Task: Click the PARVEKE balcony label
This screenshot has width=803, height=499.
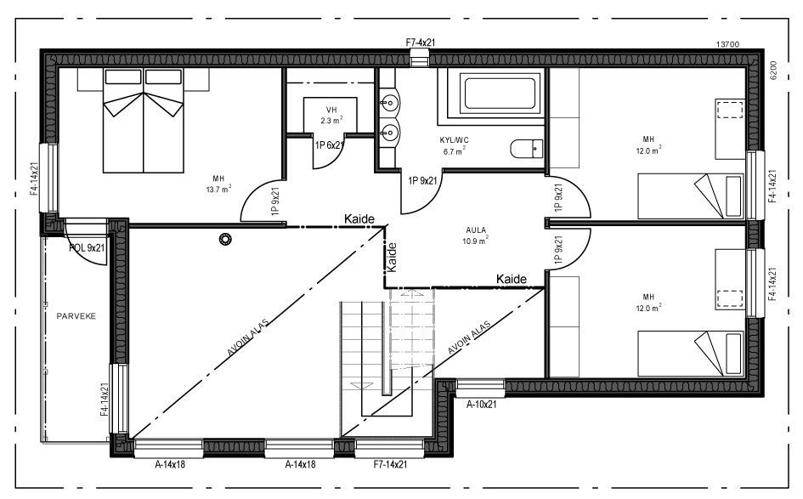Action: coord(76,315)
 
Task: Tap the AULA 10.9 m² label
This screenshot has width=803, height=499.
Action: coord(476,235)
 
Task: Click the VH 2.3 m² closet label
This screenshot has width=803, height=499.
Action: coord(331,116)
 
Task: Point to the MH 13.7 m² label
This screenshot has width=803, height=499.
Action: coord(218,184)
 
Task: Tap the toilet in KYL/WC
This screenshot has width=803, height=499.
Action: coord(526,149)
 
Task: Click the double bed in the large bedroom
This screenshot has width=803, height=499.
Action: coord(144,119)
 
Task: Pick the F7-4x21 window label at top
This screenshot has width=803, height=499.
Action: coord(420,41)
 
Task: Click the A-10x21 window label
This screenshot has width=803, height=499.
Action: coord(480,405)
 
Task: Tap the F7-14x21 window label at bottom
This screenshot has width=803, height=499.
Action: coord(391,464)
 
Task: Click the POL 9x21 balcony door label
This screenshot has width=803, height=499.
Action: coord(87,248)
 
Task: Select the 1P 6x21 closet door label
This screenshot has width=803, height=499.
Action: coord(329,145)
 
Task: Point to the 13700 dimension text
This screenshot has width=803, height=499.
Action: coord(730,44)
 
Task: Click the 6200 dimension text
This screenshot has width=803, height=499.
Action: coord(774,70)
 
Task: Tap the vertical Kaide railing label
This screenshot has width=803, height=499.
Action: coord(392,258)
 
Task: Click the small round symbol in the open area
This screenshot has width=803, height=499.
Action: coord(225,240)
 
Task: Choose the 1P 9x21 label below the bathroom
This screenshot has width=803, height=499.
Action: coord(422,180)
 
